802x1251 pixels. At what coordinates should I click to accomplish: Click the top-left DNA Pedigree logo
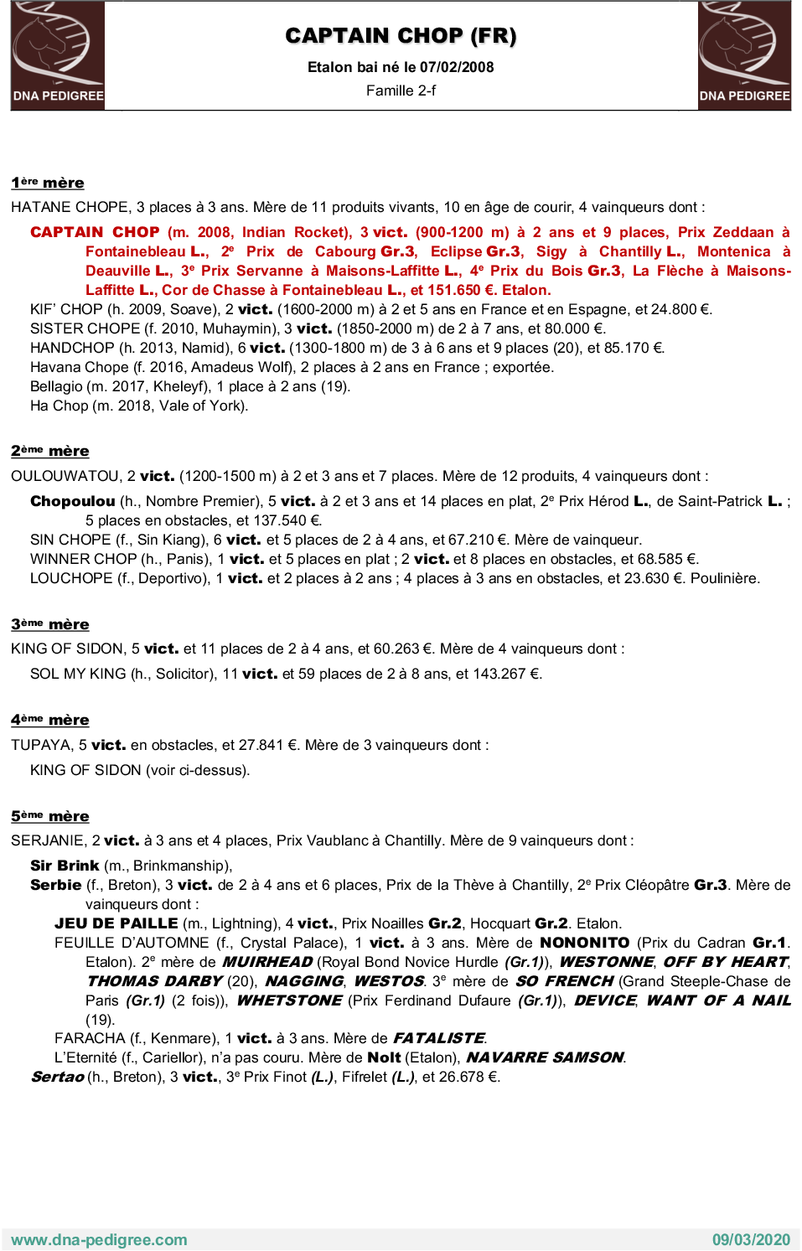pos(58,55)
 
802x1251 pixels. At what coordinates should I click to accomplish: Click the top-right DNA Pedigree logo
pos(744,55)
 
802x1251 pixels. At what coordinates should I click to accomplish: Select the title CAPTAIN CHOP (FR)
pos(401,36)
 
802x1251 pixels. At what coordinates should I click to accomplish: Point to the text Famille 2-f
pos(401,90)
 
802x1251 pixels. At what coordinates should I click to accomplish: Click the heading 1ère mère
pos(48,183)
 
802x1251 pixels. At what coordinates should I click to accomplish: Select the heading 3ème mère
pos(50,624)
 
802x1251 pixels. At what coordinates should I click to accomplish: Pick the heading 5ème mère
pos(50,816)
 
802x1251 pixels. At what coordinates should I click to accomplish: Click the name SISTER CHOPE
pos(85,328)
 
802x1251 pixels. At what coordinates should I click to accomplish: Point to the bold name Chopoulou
pos(73,501)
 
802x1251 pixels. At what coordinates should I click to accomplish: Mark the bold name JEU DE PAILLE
pos(116,923)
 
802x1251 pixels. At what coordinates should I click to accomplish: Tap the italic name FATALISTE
pos(439,1038)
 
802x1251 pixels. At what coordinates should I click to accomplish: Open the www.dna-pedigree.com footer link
pos(99,1239)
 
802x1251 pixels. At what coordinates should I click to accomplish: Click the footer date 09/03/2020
pos(751,1239)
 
